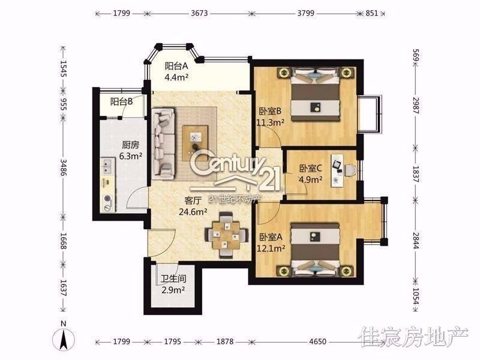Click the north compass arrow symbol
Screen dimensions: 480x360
[x=63, y=339]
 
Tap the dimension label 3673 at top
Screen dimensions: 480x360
[x=199, y=13]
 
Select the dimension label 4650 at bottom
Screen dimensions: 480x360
[x=318, y=341]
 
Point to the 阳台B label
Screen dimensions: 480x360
[x=122, y=101]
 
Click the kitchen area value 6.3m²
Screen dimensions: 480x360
[x=131, y=156]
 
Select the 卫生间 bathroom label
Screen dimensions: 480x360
[x=173, y=278]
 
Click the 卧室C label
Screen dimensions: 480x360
[x=310, y=169]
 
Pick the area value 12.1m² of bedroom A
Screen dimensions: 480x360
[x=271, y=248]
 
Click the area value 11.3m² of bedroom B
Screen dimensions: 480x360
[x=271, y=122]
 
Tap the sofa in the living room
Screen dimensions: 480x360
[x=163, y=143]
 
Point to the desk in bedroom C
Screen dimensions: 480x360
[x=337, y=170]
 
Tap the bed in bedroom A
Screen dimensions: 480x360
[x=316, y=250]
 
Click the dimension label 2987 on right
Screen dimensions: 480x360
[x=415, y=106]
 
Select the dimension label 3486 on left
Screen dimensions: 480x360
[x=64, y=167]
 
